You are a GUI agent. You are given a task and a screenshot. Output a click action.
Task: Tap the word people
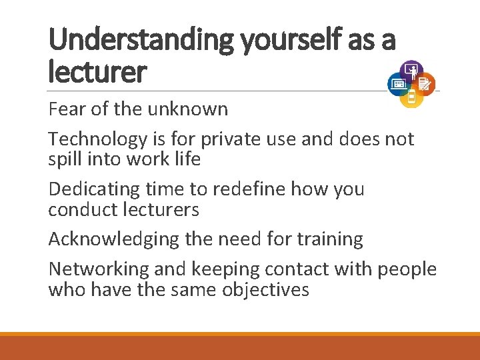click(x=407, y=270)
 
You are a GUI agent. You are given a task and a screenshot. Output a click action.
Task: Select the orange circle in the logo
click(x=425, y=83)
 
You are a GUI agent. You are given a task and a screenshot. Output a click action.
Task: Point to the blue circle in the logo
click(x=399, y=83)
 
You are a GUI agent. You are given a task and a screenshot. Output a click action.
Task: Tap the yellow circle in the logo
click(x=411, y=97)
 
